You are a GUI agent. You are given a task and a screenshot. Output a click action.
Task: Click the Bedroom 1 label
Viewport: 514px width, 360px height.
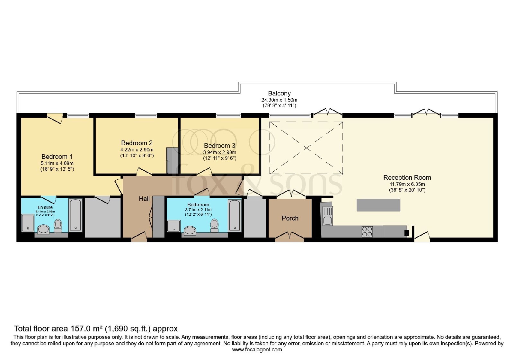coord(57,157)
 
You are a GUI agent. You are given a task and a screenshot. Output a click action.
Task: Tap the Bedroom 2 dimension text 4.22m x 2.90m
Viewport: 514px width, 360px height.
coord(137,150)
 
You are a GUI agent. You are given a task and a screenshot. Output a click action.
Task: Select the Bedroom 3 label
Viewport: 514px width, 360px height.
coord(220,146)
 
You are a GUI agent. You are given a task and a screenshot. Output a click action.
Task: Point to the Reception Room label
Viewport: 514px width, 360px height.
coord(407,177)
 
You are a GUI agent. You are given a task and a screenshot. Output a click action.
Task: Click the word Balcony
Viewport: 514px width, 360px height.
coord(279,94)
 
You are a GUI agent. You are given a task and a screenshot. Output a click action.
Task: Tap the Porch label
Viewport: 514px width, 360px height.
coord(290,218)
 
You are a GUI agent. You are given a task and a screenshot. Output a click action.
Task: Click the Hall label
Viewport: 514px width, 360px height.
coord(144,199)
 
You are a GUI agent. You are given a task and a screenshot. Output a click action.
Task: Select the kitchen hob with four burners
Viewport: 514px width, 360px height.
coord(367,232)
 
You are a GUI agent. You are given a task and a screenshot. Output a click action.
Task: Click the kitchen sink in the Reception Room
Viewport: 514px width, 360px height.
coord(327,216)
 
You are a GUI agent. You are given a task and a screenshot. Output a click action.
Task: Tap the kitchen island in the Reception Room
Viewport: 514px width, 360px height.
coord(378,205)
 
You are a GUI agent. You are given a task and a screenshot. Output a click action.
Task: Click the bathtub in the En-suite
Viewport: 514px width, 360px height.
coord(75,215)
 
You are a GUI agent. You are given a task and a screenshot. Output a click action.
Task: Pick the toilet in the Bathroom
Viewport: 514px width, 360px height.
coord(214,225)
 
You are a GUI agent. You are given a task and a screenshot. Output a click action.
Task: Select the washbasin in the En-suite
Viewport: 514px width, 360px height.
coord(43,230)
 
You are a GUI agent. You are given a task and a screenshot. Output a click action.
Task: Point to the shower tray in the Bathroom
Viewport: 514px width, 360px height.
coord(174,226)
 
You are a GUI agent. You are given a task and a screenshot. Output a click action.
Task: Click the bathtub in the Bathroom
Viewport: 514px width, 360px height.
coord(235,215)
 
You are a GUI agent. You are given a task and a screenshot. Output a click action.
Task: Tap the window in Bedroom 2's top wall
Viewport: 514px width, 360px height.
coord(146,115)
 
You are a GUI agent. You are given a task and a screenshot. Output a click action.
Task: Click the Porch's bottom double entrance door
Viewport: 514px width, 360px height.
coord(290,237)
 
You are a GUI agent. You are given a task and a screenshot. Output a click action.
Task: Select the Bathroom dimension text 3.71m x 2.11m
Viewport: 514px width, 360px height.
coord(198,210)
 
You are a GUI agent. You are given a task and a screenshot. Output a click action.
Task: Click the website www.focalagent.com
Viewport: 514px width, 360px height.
coord(257,350)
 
